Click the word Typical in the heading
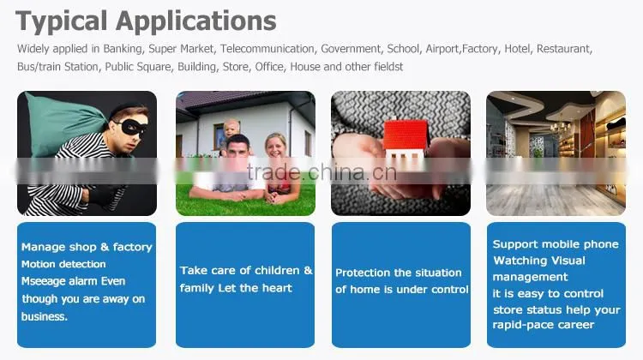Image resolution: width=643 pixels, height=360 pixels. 62,22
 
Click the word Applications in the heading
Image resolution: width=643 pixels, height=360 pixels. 196,22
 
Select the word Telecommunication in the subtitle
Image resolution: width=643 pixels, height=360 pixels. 267,49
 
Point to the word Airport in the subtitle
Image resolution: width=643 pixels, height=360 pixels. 442,49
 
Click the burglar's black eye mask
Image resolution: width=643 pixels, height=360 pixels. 131,128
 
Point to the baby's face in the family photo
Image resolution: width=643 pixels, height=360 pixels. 231,129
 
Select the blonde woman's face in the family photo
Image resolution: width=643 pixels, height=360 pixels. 276,147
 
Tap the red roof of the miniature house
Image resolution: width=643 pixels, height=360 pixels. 406,134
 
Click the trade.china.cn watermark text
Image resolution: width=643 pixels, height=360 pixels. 321,172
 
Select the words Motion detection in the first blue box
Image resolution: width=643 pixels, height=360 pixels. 63,264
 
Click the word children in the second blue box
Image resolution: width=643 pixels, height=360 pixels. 275,271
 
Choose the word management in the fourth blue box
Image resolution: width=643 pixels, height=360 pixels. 530,278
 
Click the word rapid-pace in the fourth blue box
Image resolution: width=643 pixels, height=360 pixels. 519,325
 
